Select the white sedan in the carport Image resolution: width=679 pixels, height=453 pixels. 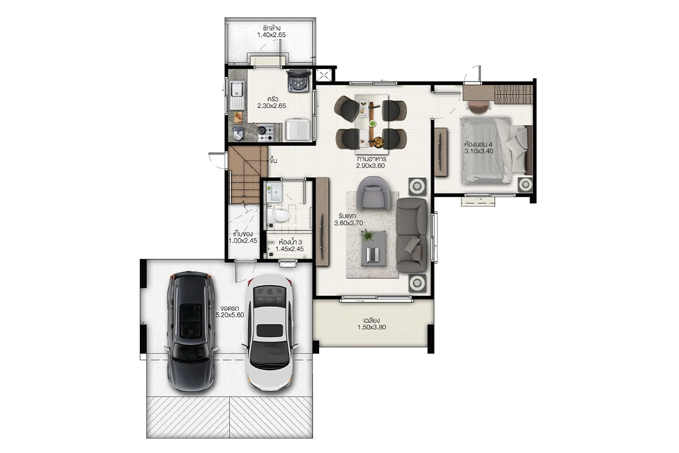tap(269, 332)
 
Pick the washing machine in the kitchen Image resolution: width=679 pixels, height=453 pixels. tap(299, 80)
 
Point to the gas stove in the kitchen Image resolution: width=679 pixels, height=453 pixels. tap(266, 134)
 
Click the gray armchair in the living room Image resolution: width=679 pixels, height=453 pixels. tap(374, 193)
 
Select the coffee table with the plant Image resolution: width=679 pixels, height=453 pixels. tap(373, 248)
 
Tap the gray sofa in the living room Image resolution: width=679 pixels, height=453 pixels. tap(412, 235)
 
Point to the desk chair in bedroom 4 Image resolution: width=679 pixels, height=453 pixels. tap(479, 108)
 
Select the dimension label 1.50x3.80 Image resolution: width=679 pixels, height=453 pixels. tap(372, 327)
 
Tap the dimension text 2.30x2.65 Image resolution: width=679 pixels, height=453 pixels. tap(272, 106)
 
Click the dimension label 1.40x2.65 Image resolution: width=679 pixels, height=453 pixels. tap(271, 35)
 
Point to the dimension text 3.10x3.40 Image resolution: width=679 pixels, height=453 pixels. tap(479, 151)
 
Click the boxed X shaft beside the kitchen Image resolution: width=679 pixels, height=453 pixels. tap(324, 75)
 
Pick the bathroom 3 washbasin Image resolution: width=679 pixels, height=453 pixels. tap(275, 192)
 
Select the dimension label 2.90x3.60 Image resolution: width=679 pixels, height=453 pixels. tap(371, 166)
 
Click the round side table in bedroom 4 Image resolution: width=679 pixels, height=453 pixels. tap(525, 184)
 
